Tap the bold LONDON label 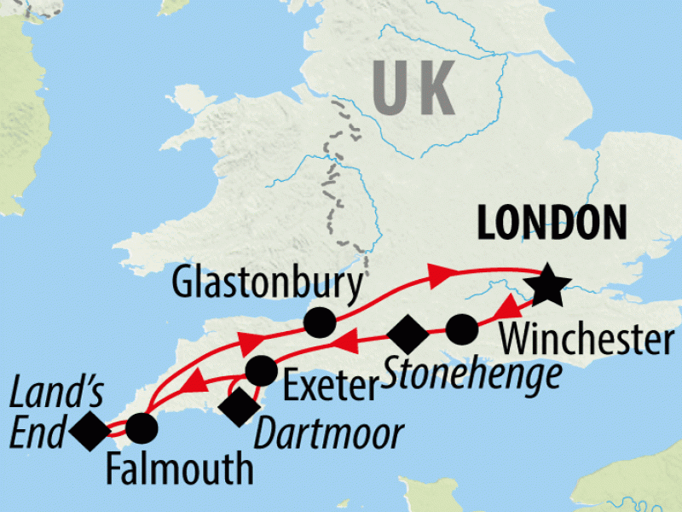point(552,224)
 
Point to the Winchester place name point(586,340)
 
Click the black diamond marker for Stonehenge point(407,335)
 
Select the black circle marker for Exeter point(261,370)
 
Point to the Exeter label point(329,387)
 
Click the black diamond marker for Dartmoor point(240,406)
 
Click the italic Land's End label point(56,415)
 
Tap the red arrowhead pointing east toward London point(438,273)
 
